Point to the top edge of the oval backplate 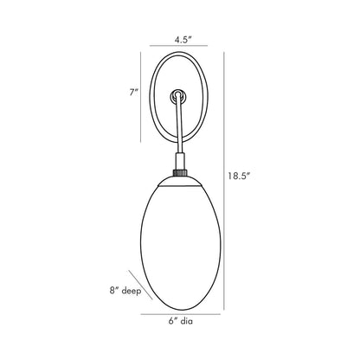pyautogui.click(x=179, y=57)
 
